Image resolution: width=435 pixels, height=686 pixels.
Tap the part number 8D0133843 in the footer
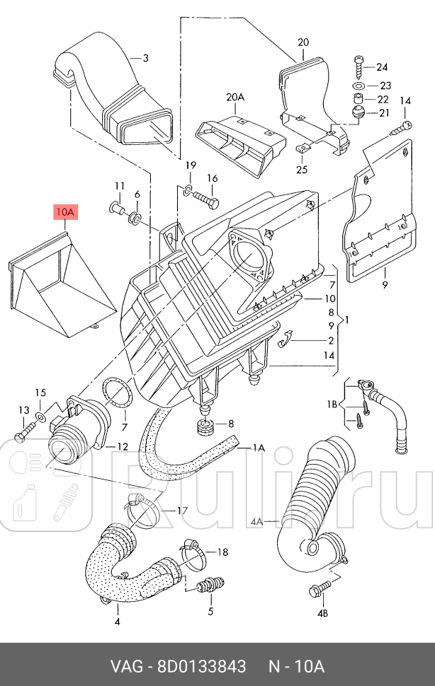(x=201, y=667)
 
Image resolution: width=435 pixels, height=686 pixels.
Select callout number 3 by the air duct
(x=145, y=58)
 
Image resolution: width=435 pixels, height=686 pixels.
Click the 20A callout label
(x=235, y=97)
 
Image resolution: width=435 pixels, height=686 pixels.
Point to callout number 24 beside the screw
(x=383, y=67)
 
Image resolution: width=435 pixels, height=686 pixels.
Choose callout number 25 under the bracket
(x=302, y=170)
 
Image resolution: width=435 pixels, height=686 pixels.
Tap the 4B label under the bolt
(x=322, y=612)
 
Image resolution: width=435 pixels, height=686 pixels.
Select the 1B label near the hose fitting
(x=331, y=405)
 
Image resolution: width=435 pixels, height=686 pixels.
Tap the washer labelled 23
(x=359, y=86)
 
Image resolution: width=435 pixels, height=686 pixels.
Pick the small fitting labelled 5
(x=209, y=586)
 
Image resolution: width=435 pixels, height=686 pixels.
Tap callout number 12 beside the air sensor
(x=123, y=447)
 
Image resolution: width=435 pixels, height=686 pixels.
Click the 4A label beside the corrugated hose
(x=256, y=522)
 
